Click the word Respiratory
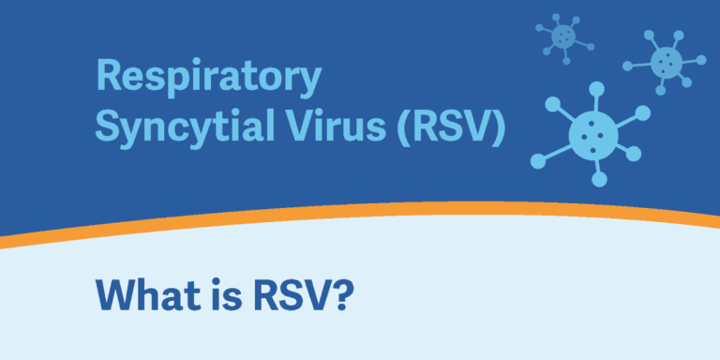[207, 78]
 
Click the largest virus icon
[592, 132]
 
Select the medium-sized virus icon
[667, 62]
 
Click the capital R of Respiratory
[108, 77]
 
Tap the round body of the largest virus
[592, 132]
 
